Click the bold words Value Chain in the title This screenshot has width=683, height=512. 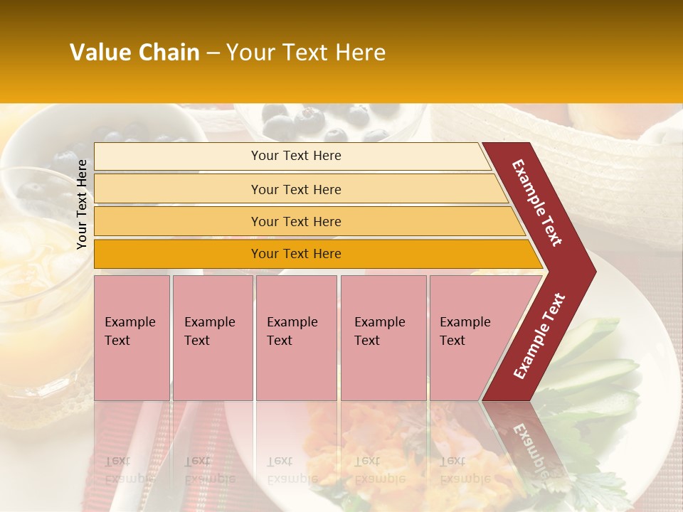coord(134,53)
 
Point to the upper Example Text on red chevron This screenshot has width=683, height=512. coord(537,203)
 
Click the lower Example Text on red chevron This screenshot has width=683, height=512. coord(539,336)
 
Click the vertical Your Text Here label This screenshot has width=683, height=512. coord(83,204)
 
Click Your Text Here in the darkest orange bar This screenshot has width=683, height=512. coord(296,254)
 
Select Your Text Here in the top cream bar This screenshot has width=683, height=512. coord(296,156)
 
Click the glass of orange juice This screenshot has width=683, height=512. coord(36,284)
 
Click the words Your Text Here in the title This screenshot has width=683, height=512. coord(306,53)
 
